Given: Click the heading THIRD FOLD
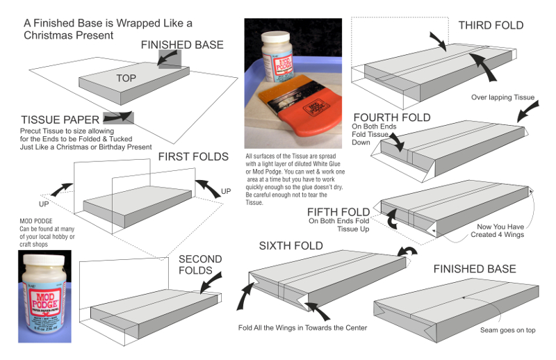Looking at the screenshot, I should [x=491, y=26].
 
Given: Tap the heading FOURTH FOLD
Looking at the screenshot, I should [x=391, y=117].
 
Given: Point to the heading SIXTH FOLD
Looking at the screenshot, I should [x=291, y=246].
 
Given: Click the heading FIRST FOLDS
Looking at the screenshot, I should [x=193, y=156].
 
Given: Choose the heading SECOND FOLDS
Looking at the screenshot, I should [x=200, y=265].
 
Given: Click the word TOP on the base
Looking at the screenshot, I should [x=126, y=78].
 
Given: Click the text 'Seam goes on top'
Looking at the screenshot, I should [x=507, y=329].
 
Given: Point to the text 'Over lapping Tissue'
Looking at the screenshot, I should [x=502, y=97].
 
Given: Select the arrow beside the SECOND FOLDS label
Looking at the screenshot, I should [x=211, y=282].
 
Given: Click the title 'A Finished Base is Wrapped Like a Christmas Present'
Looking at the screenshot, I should [x=108, y=28].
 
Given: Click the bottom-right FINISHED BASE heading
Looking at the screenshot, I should [x=475, y=269].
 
